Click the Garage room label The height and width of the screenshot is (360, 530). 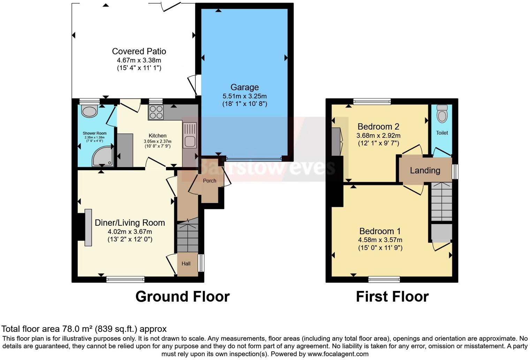[244, 87]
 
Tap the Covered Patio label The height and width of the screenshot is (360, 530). [139, 51]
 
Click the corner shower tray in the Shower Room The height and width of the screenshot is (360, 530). [103, 156]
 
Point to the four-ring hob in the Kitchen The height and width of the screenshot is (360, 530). [156, 112]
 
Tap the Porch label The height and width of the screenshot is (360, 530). [210, 181]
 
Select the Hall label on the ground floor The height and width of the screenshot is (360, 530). [186, 264]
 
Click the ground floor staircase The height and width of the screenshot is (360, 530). [188, 237]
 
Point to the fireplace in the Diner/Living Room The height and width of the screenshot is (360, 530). [88, 227]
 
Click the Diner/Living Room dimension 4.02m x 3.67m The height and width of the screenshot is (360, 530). [130, 232]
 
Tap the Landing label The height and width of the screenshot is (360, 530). [425, 171]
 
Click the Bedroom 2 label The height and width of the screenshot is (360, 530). [378, 127]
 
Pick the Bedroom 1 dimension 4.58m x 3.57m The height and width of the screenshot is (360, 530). [380, 240]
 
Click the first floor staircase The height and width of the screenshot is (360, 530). [441, 201]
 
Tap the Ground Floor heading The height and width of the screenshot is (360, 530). [182, 297]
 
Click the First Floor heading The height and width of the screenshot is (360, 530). [392, 297]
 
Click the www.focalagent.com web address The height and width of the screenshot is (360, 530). [337, 354]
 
